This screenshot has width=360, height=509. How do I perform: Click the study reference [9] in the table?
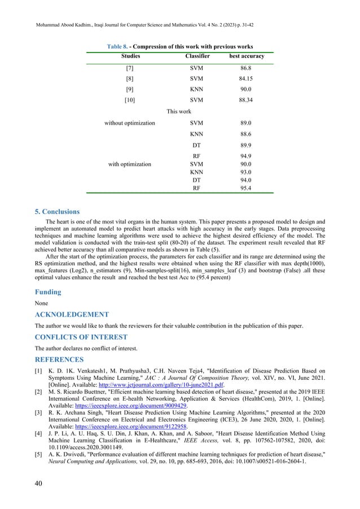130,98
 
